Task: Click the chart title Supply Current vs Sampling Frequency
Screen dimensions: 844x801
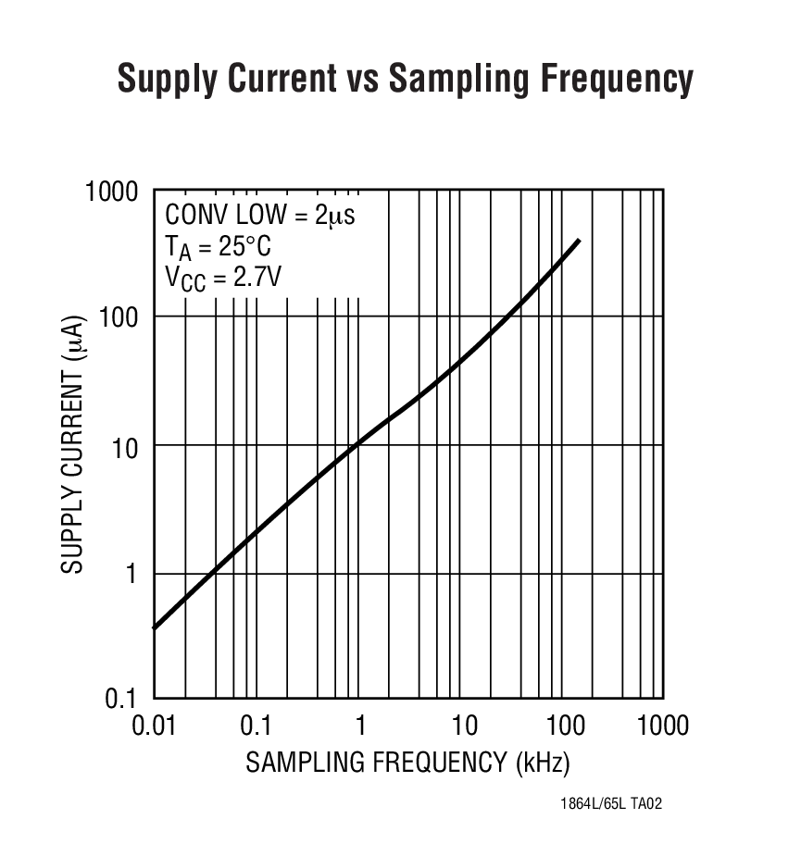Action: pos(405,81)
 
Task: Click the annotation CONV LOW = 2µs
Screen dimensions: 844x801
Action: pos(260,215)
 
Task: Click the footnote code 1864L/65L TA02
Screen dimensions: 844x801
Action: pos(611,804)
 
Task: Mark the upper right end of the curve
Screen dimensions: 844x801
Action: pos(580,240)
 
